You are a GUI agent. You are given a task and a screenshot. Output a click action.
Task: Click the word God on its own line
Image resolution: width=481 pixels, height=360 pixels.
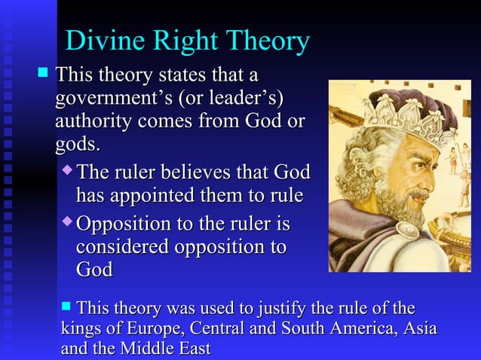[94, 270]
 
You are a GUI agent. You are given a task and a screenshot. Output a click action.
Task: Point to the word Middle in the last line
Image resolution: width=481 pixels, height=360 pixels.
[140, 349]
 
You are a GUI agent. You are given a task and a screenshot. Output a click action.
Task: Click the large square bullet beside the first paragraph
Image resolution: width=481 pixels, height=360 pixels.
[43, 75]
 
